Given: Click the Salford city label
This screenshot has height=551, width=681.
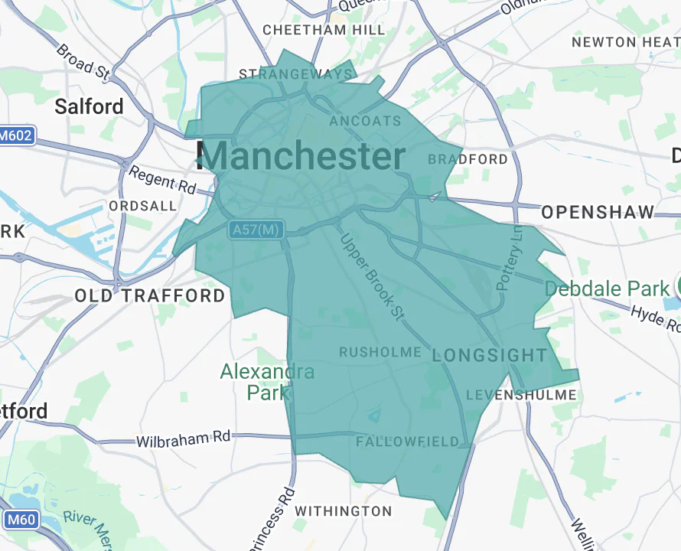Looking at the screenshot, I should click(x=89, y=106).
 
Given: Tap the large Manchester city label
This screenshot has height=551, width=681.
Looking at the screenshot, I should click(x=301, y=156).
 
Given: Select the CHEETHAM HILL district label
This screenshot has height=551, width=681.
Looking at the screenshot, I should click(x=324, y=30).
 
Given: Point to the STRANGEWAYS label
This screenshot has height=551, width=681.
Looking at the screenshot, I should click(x=296, y=74).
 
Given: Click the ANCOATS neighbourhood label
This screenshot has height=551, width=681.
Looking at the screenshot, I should click(x=365, y=121).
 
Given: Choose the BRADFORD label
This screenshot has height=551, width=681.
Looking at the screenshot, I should click(x=468, y=159).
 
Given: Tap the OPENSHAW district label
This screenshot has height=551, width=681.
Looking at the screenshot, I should click(x=598, y=212).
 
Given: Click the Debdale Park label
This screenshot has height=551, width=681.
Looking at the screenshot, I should click(x=607, y=289).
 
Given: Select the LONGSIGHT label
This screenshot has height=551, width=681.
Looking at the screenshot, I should click(x=490, y=355).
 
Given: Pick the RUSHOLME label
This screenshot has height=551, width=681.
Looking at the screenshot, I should click(x=380, y=352).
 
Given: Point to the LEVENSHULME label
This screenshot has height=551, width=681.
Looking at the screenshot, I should click(x=521, y=395).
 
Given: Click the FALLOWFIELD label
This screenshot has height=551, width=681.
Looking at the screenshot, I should click(x=407, y=442).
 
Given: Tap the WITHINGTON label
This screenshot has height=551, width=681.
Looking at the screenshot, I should click(x=343, y=510).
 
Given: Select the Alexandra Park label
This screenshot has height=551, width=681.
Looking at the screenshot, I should click(x=267, y=382).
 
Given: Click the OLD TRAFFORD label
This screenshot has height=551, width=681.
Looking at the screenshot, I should click(x=150, y=295).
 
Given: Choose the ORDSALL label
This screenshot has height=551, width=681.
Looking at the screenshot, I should click(x=143, y=207).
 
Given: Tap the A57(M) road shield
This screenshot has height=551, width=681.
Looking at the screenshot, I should click(x=256, y=229).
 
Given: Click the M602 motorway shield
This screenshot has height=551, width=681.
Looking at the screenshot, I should click(x=16, y=136).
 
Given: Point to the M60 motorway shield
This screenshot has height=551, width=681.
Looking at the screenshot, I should click(x=21, y=520).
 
